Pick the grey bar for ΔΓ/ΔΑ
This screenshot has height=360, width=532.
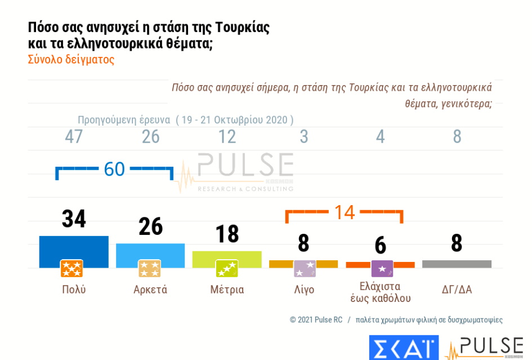457,264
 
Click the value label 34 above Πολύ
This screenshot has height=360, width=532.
74,219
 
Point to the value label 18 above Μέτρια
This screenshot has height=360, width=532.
227,234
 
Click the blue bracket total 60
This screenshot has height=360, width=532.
114,169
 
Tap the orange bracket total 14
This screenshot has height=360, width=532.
345,212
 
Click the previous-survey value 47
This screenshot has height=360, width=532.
74,137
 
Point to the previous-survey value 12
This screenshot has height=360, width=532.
227,137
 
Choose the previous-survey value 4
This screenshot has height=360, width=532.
381,137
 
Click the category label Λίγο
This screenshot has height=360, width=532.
304,290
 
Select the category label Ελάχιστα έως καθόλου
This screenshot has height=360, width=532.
381,292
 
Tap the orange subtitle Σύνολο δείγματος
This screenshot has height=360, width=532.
71,60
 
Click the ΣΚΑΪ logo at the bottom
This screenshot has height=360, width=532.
403,347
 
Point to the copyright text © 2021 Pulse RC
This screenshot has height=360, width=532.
316,319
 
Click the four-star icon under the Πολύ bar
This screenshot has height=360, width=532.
71,269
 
